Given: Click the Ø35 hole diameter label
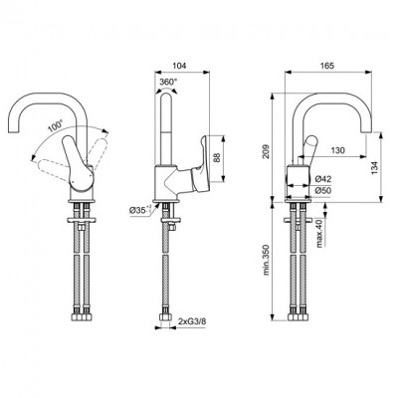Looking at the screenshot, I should coord(143,211).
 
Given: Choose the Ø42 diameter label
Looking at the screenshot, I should coord(323,179).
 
